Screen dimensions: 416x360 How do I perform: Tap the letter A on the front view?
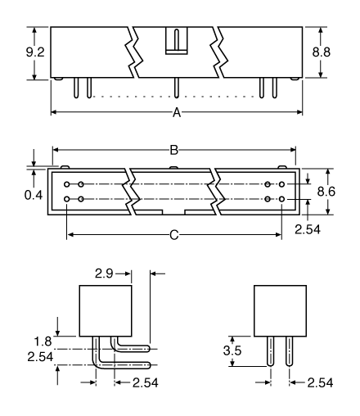175,113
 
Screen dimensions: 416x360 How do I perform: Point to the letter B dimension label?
173,150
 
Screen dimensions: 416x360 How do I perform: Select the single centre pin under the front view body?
175,88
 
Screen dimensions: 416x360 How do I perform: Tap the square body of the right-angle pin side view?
106,310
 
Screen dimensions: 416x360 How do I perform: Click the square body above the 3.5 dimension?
279,310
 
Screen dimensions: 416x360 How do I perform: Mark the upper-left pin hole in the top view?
67,185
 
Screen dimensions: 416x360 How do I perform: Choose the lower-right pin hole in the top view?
281,199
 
